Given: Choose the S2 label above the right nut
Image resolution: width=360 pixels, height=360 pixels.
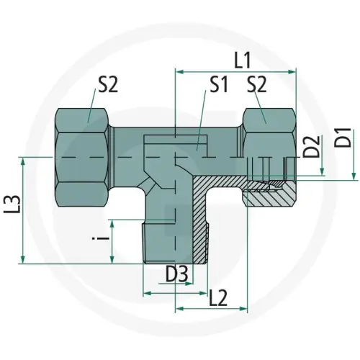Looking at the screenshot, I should pyautogui.click(x=257, y=86).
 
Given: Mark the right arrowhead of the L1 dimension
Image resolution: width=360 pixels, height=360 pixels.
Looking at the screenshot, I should pyautogui.click(x=293, y=72).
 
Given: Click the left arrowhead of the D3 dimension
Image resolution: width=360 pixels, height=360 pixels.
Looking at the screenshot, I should pyautogui.click(x=147, y=294).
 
